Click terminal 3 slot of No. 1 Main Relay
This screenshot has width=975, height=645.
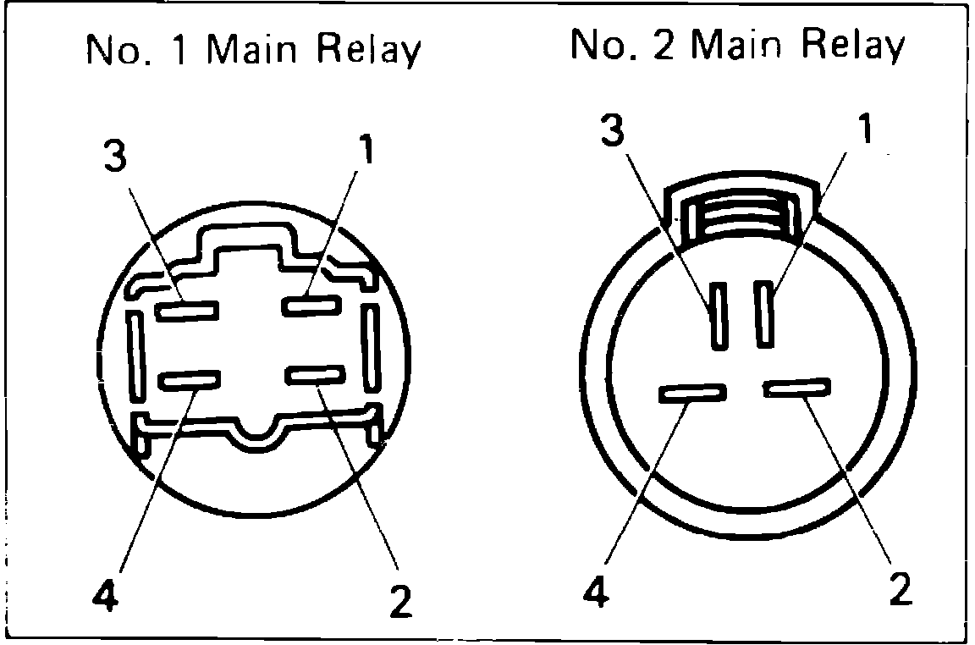coord(186,310)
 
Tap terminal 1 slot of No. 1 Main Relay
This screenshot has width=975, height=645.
coord(311,305)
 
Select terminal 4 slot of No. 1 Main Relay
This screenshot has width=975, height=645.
coord(190,381)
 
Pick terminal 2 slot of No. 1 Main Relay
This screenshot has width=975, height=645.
coord(315,375)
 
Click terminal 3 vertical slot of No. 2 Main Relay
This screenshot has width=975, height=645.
coord(719,317)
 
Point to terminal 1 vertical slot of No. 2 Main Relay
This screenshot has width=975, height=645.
coord(767,313)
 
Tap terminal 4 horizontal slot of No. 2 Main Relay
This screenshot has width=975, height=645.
coord(693,393)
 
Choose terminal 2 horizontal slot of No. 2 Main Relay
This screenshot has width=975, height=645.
coord(796,388)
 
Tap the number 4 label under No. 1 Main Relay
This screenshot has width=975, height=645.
coord(103,595)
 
